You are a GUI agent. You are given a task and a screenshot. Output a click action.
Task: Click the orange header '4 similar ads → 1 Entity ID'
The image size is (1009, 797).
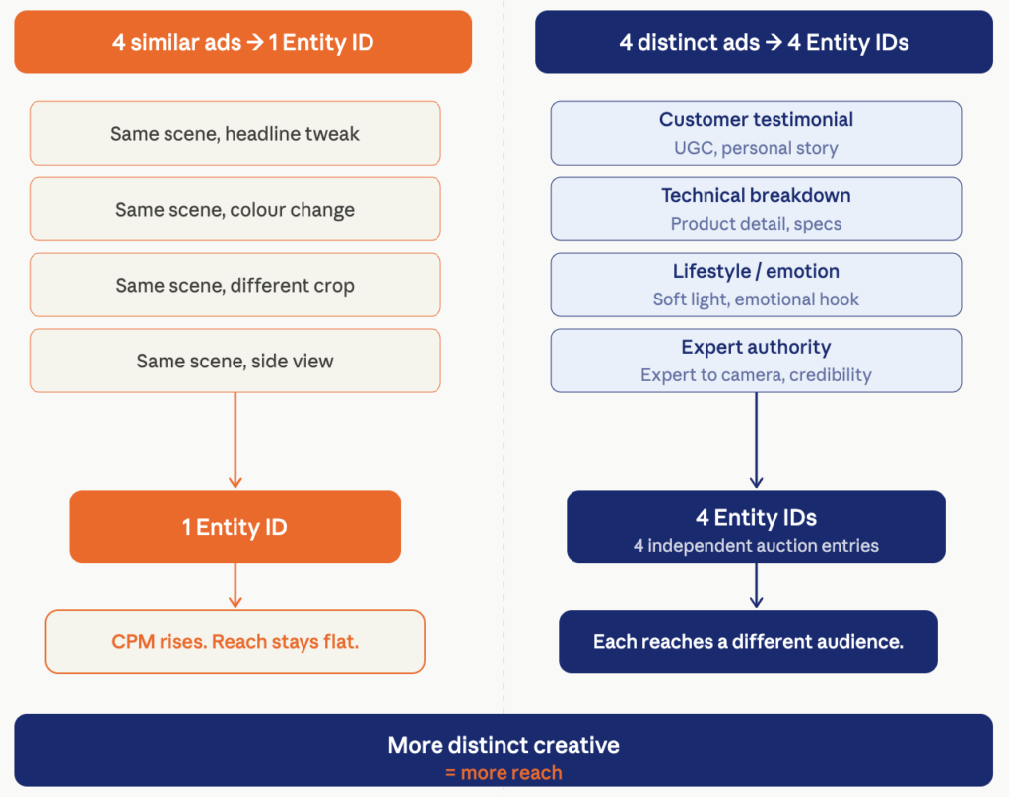tap(243, 41)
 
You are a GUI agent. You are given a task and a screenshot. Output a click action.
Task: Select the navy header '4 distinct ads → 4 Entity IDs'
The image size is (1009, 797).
tap(764, 41)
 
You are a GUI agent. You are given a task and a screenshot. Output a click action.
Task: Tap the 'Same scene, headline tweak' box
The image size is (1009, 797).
tap(235, 133)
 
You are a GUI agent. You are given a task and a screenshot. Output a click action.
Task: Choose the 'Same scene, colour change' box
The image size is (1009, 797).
tap(235, 209)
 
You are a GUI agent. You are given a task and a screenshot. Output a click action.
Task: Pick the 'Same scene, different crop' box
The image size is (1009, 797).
tap(235, 285)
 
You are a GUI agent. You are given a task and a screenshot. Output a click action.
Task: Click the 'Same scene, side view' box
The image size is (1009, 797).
tap(235, 361)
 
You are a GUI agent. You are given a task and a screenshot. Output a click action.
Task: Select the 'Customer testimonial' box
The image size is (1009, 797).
tap(756, 133)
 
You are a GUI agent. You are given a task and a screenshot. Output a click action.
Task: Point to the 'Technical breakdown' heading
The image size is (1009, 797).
tap(756, 195)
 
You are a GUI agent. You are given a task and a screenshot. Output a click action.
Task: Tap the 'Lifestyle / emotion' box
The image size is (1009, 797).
tap(756, 285)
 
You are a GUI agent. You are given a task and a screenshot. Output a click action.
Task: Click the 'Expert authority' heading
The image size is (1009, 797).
tap(756, 348)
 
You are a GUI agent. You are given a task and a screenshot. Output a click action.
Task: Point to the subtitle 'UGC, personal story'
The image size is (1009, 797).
tap(756, 148)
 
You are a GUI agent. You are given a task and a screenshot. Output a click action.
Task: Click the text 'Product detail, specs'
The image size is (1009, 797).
tap(756, 224)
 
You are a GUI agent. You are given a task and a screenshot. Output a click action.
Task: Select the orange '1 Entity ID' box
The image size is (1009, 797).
tap(235, 526)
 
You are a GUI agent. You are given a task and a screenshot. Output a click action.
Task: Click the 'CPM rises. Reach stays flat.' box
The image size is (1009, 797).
tap(235, 641)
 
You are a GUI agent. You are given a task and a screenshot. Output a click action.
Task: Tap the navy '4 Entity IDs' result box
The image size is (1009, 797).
tap(756, 526)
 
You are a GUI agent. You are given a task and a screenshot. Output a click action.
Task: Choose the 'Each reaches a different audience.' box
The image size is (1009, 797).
tap(749, 641)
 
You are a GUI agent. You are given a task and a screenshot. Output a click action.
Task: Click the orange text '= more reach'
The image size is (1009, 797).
tap(504, 772)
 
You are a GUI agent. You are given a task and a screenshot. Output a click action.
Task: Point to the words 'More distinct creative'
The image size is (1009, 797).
tap(504, 745)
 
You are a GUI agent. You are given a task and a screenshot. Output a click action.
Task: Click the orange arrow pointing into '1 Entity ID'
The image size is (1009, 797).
tap(235, 440)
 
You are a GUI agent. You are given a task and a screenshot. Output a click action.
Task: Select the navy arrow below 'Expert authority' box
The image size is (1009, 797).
tap(756, 440)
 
